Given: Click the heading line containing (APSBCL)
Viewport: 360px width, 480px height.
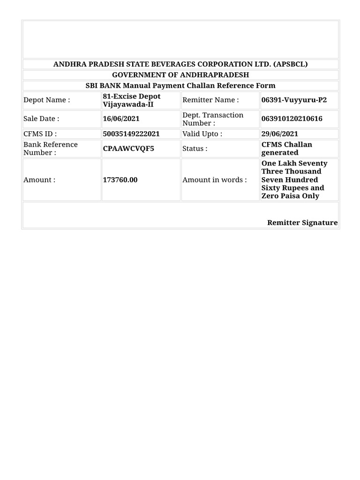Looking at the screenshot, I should coord(180,64).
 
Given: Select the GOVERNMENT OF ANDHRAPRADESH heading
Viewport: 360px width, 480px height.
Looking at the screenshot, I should coord(180,75).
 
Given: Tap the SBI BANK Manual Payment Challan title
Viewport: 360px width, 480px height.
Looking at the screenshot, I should coord(180,85).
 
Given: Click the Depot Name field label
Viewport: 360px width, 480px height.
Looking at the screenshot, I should coord(47,100).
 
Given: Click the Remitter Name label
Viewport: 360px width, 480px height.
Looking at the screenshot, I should coord(210,100).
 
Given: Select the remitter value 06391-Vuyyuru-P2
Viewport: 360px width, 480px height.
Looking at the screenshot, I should coord(294,100).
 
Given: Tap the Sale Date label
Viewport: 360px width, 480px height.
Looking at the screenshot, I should coord(41,119).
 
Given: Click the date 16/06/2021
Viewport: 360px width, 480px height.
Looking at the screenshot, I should coord(121,119).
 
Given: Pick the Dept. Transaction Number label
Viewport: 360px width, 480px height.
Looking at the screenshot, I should coord(213,119).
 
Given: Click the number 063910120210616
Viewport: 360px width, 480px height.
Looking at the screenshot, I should coord(292,119).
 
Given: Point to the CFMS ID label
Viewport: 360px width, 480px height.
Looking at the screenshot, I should coord(40,134).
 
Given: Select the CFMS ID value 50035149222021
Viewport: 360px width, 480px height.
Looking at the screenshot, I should coord(131,134).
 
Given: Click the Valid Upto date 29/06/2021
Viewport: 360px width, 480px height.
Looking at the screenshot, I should coord(279,134).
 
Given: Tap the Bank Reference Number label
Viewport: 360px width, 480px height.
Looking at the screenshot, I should coord(51,148).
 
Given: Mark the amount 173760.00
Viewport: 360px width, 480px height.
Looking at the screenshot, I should coord(120,180).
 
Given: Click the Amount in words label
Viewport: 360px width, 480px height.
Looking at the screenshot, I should coord(215,180).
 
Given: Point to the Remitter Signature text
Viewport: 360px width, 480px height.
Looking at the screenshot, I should coord(302,223).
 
